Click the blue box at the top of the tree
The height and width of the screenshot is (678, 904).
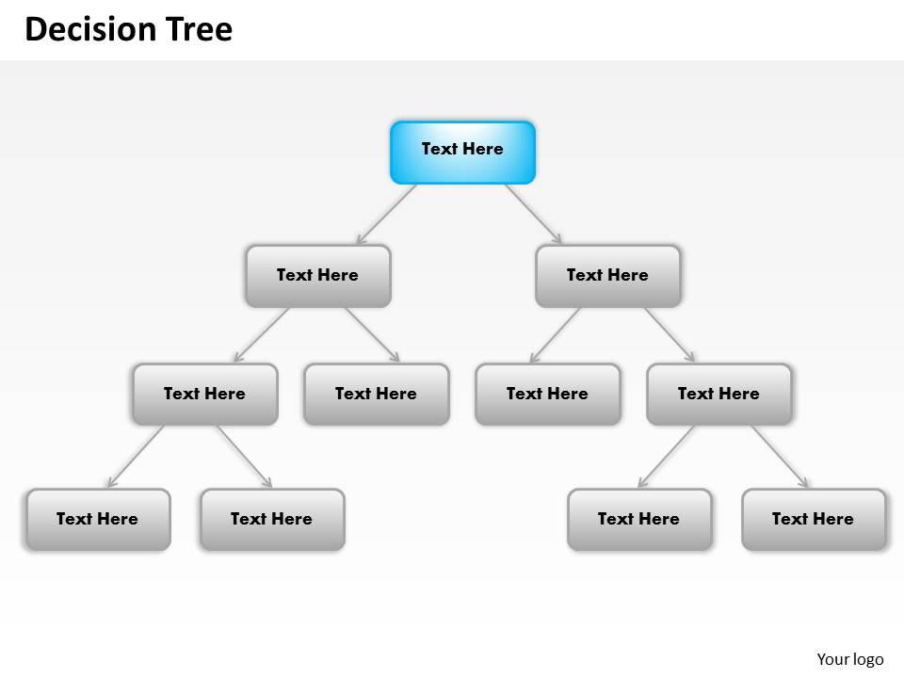point(462,152)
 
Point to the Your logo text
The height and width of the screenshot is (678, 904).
point(849,659)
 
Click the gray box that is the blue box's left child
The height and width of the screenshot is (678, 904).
point(317,276)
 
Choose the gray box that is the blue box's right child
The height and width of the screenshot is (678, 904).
point(607,276)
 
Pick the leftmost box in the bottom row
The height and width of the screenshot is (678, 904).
point(98,519)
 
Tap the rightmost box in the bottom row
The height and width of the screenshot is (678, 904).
point(813,519)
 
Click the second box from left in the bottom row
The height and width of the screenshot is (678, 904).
point(272,519)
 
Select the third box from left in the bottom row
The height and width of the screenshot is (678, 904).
point(639,519)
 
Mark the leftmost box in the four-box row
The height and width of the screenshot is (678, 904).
point(205,394)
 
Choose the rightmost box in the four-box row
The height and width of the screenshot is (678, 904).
point(718,394)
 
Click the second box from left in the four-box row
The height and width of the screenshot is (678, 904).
point(376,394)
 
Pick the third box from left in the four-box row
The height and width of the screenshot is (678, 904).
point(547,394)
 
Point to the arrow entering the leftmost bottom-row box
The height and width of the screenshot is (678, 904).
point(136,457)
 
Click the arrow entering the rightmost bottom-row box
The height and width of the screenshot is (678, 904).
point(780,457)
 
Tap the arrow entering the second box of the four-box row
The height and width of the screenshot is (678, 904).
point(372,335)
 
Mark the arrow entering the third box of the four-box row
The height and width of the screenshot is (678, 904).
point(555,335)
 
